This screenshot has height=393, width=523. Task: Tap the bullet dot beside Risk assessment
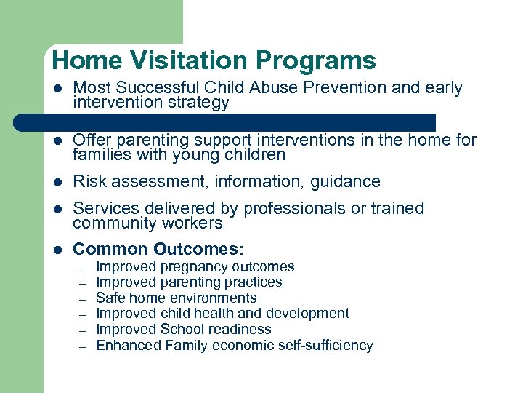[x=58, y=182]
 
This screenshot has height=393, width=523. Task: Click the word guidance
[x=346, y=181]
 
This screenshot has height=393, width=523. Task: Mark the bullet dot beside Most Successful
[x=58, y=89]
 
